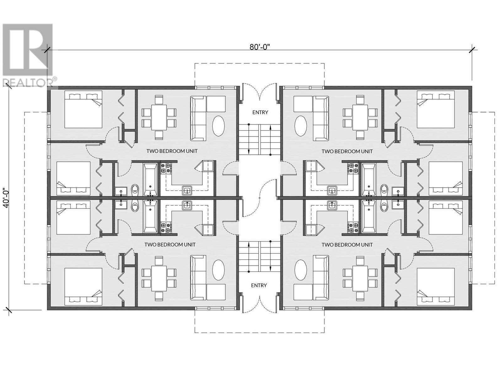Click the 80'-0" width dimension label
pyautogui.click(x=260, y=47)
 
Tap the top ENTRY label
pyautogui.click(x=260, y=112)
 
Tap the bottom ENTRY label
pyautogui.click(x=259, y=285)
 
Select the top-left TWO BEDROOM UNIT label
pyautogui.click(x=172, y=151)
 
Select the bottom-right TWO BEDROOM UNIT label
pyautogui.click(x=347, y=244)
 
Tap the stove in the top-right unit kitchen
pyautogui.click(x=353, y=168)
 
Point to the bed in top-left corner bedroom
pyautogui.click(x=83, y=109)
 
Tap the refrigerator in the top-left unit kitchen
pyautogui.click(x=208, y=166)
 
